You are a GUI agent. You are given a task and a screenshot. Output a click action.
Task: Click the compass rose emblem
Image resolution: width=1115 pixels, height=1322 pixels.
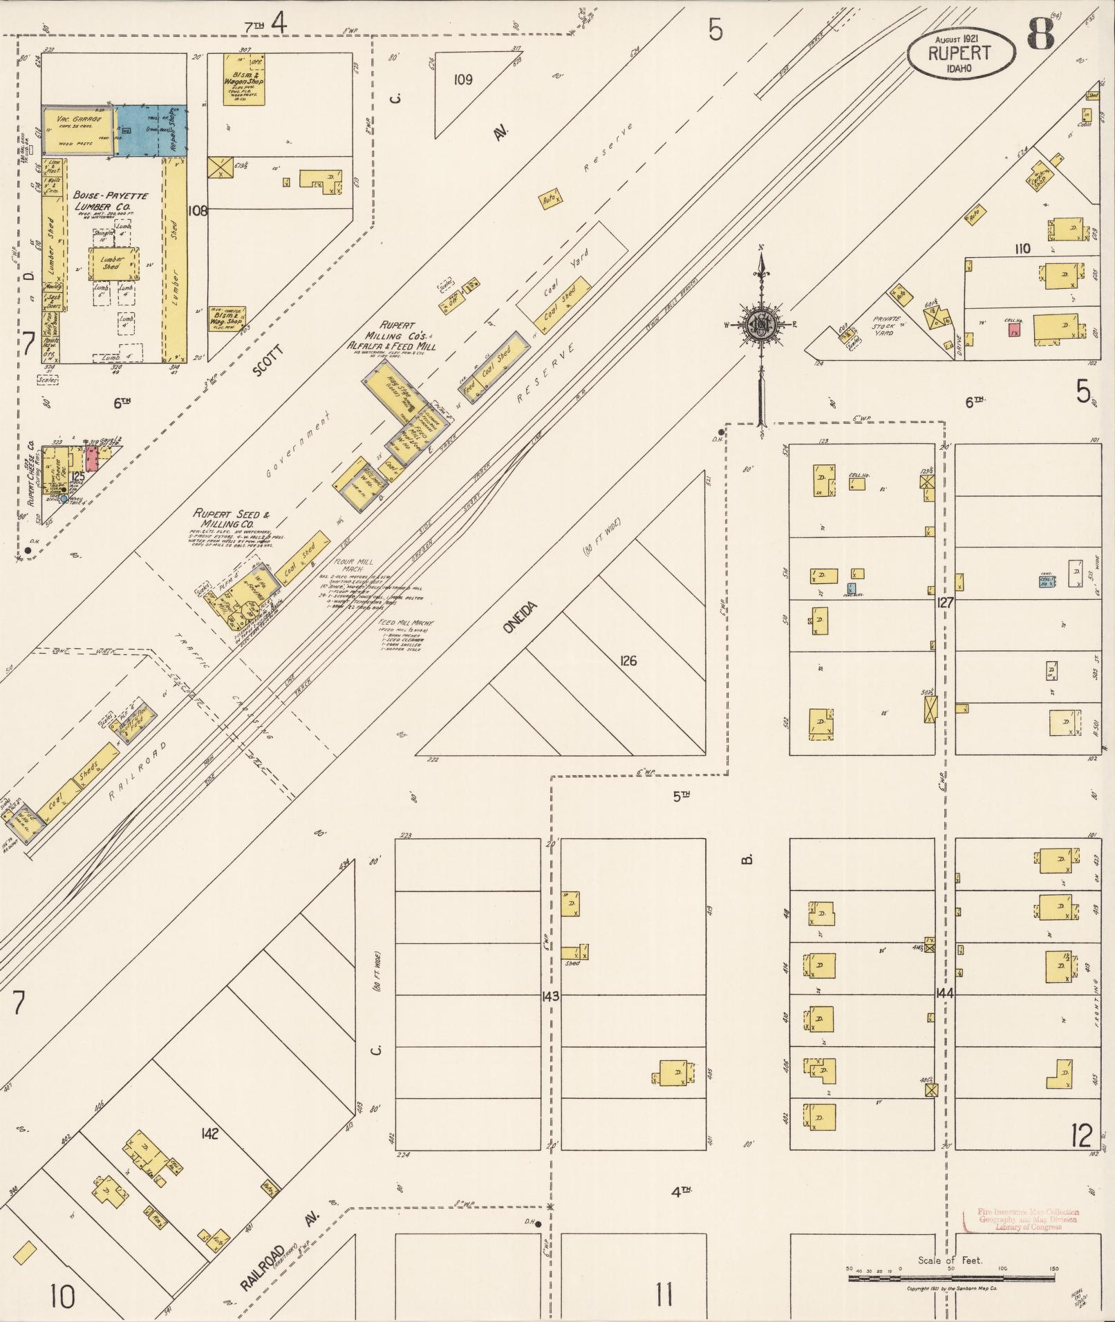pyautogui.click(x=761, y=323)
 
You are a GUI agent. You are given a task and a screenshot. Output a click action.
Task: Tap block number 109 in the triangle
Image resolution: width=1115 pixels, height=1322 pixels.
pyautogui.click(x=462, y=80)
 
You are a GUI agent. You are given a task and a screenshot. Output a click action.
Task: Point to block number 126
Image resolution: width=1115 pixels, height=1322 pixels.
pyautogui.click(x=628, y=661)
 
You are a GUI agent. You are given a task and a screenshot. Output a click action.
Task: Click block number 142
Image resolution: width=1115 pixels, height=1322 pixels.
pyautogui.click(x=210, y=1134)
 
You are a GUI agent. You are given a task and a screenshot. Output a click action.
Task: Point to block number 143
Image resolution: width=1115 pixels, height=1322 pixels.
pyautogui.click(x=551, y=997)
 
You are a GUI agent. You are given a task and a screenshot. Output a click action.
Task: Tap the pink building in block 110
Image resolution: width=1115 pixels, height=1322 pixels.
pyautogui.click(x=1014, y=331)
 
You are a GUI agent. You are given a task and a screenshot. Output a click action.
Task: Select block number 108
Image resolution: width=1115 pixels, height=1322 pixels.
pyautogui.click(x=198, y=211)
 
